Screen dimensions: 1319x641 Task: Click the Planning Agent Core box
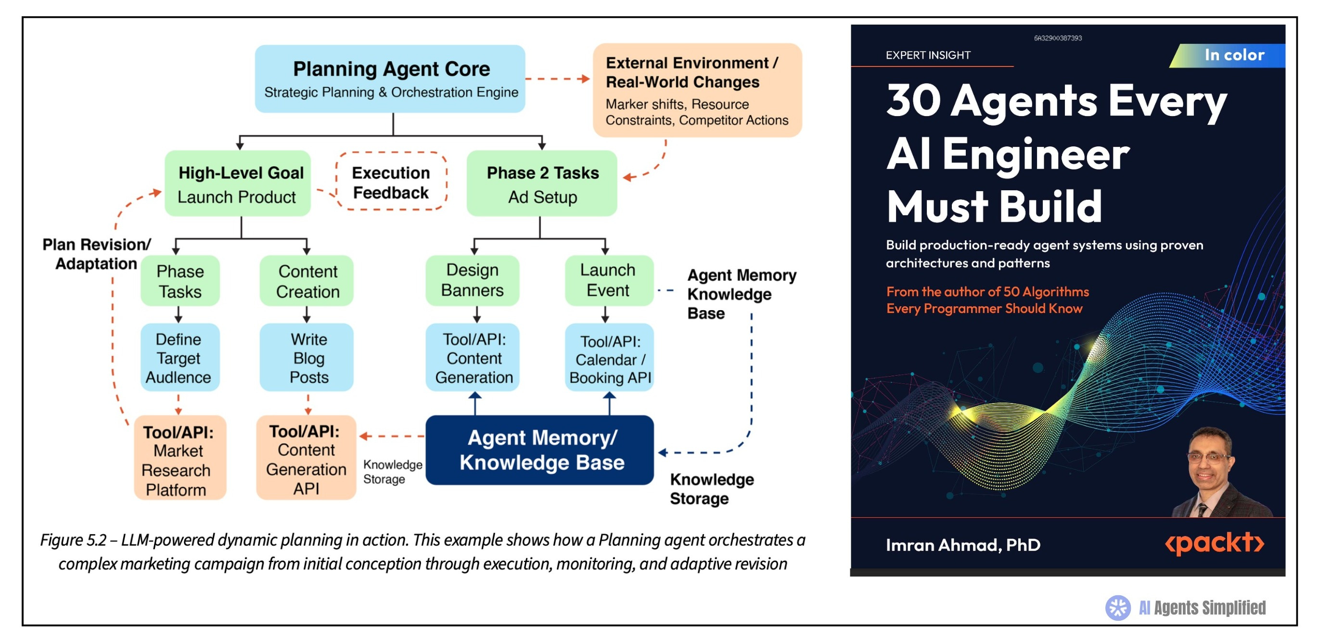pyautogui.click(x=390, y=78)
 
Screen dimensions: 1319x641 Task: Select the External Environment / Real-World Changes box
pyautogui.click(x=697, y=90)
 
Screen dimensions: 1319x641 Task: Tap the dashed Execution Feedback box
pyautogui.click(x=391, y=182)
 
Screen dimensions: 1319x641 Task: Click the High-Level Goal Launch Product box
pyautogui.click(x=238, y=183)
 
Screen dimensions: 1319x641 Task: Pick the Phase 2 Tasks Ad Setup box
pyautogui.click(x=542, y=183)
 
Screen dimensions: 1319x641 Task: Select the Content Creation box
pyautogui.click(x=307, y=281)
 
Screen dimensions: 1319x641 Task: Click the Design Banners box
pyautogui.click(x=472, y=280)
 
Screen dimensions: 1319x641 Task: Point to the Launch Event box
pyautogui.click(x=609, y=280)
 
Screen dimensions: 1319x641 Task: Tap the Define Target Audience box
pyautogui.click(x=179, y=357)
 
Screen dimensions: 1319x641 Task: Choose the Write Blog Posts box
pyautogui.click(x=307, y=357)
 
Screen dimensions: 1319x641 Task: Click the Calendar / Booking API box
pyautogui.click(x=609, y=357)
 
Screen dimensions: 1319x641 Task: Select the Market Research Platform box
pyautogui.click(x=179, y=458)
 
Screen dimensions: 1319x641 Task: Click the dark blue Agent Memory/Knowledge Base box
pyautogui.click(x=540, y=450)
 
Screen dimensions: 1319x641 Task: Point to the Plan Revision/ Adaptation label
pyautogui.click(x=96, y=254)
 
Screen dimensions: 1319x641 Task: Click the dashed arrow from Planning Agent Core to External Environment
pyautogui.click(x=558, y=78)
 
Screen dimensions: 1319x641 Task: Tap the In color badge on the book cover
pyautogui.click(x=1229, y=55)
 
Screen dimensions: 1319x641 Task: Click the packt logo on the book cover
pyautogui.click(x=1214, y=543)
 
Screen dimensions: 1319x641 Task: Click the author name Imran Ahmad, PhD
pyautogui.click(x=962, y=545)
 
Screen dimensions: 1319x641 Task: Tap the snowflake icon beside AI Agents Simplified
pyautogui.click(x=1118, y=608)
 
